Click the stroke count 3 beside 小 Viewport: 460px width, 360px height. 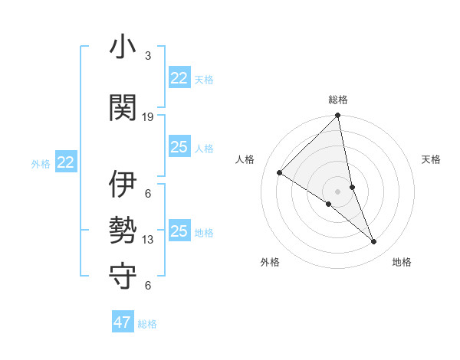[x=147, y=56]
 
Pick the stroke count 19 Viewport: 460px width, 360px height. [x=148, y=116]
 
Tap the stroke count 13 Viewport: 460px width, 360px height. [x=148, y=240]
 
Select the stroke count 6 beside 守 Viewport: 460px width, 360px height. [x=147, y=286]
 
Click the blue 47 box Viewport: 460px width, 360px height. [x=123, y=322]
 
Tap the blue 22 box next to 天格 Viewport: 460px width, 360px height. [x=179, y=78]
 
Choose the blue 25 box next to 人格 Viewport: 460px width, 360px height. [x=179, y=147]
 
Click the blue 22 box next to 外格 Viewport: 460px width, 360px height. [x=66, y=162]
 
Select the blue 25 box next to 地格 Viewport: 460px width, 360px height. [x=179, y=231]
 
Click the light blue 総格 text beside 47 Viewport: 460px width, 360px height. [x=147, y=324]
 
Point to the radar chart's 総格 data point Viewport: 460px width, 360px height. [x=337, y=116]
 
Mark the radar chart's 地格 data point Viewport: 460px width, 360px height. [x=374, y=242]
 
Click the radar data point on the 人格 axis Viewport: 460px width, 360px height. [x=280, y=172]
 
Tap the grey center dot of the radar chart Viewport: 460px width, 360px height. [x=337, y=191]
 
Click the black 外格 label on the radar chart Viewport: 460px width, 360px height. [x=270, y=262]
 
